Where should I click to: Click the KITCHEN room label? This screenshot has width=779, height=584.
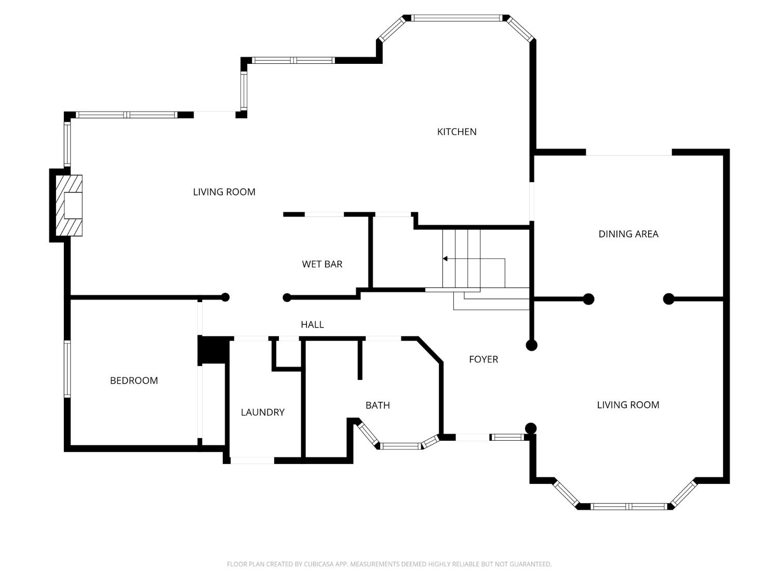[x=456, y=132]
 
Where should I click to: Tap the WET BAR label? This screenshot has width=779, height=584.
[x=322, y=264]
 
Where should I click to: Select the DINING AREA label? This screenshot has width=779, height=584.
[x=628, y=234]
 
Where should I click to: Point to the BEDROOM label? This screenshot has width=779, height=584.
[x=133, y=381]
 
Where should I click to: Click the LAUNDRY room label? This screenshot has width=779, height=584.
[x=262, y=412]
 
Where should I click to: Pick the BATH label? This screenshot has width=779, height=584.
[x=378, y=405]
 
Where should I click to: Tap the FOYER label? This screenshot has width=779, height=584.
[x=483, y=359]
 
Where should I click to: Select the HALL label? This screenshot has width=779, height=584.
[x=312, y=324]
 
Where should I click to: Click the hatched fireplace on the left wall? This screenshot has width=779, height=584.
[x=70, y=205]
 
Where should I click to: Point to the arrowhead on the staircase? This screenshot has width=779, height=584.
[x=445, y=259]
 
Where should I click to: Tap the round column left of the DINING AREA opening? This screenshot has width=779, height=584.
[x=588, y=299]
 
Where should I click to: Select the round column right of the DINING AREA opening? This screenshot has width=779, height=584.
[x=669, y=299]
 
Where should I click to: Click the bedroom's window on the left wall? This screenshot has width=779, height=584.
[x=67, y=369]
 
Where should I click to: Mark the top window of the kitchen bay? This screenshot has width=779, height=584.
[x=457, y=18]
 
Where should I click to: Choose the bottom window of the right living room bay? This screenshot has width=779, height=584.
[x=628, y=506]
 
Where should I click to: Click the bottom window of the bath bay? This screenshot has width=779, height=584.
[x=400, y=446]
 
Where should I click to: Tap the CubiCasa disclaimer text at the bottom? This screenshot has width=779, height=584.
[x=389, y=564]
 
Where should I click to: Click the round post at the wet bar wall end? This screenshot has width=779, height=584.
[x=287, y=297]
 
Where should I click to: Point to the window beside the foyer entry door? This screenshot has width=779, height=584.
[x=507, y=438]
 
